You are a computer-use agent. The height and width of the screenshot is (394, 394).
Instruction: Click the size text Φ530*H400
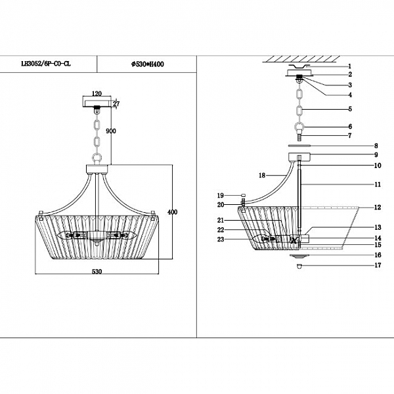click(147, 64)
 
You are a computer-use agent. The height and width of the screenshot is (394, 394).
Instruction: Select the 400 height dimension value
click(173, 212)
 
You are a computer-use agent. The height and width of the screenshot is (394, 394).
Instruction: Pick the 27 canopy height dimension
click(116, 103)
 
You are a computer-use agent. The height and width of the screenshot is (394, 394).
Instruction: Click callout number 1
click(350, 66)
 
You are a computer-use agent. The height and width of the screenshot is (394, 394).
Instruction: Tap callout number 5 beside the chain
click(350, 109)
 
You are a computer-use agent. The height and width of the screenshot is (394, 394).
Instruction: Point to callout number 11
click(359, 185)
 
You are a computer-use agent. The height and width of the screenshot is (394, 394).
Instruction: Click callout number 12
click(359, 207)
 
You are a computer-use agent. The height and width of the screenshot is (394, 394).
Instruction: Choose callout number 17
click(359, 266)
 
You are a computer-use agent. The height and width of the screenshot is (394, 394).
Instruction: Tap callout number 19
click(221, 195)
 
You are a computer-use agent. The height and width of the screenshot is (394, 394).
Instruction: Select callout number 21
click(221, 220)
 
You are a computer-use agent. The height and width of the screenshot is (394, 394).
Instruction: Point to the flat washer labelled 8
click(300, 146)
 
